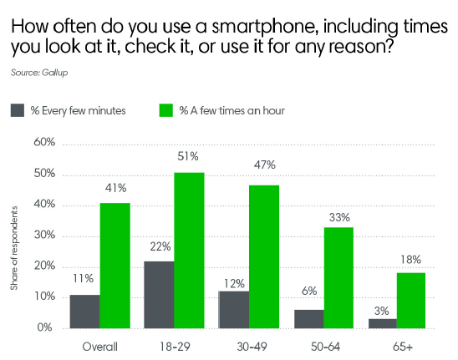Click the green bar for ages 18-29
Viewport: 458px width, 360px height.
click(x=189, y=251)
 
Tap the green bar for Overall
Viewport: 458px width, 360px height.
click(x=115, y=266)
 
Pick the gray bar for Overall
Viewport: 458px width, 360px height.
click(x=84, y=312)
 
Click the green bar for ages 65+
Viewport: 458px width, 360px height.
click(x=411, y=301)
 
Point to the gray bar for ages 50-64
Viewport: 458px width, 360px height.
click(x=308, y=319)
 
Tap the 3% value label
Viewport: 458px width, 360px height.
click(x=382, y=308)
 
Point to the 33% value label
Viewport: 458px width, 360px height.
click(x=338, y=216)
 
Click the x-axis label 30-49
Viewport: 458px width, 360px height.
click(x=249, y=344)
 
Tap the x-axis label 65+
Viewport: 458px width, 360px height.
click(x=397, y=344)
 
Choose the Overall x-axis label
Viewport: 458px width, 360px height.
click(x=99, y=344)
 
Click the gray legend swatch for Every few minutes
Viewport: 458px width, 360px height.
click(x=18, y=110)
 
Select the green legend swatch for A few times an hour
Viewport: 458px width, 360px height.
click(x=165, y=110)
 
